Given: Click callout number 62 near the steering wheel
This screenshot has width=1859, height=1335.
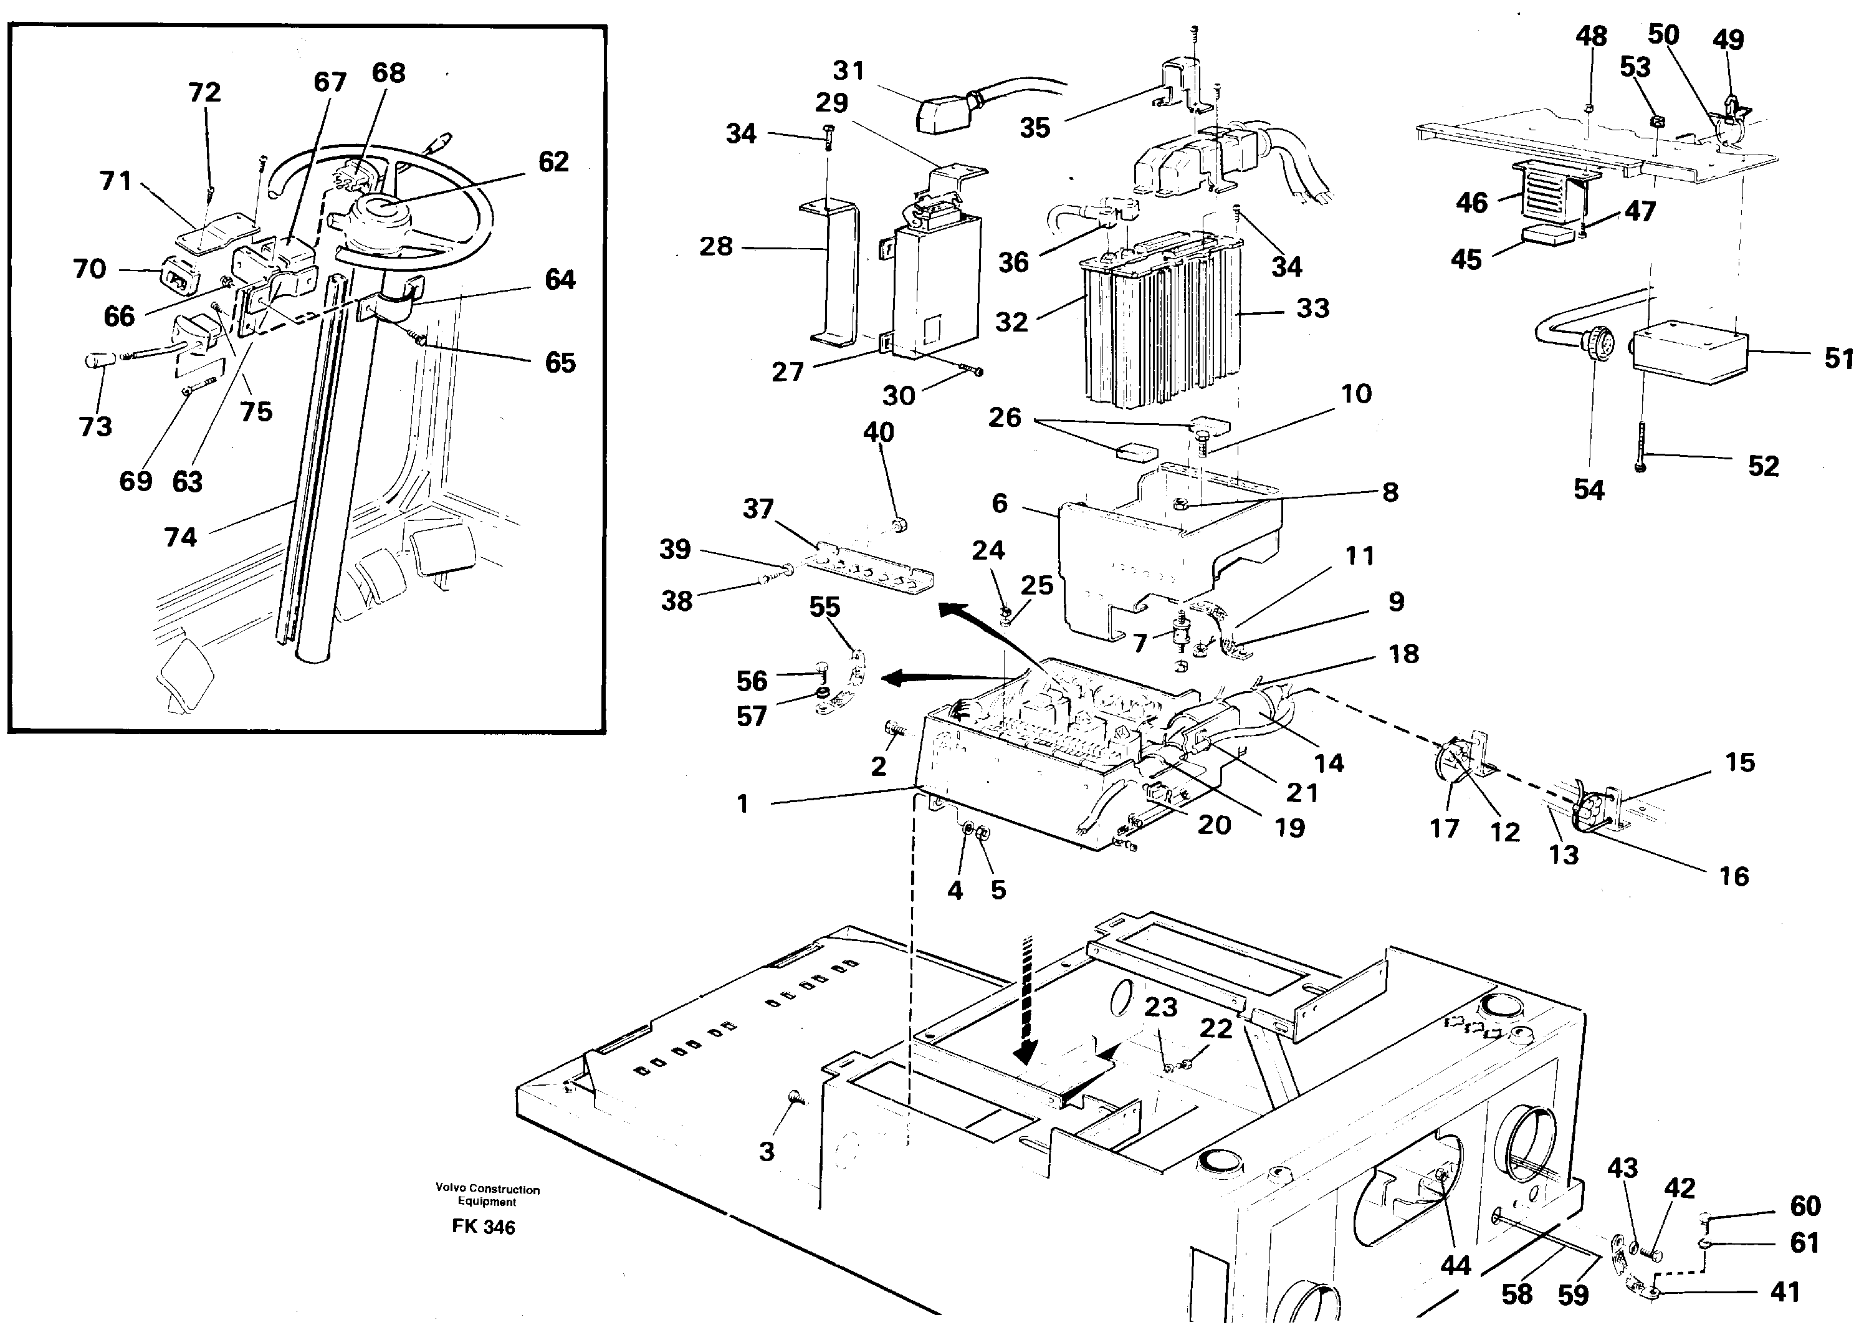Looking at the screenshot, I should tap(553, 161).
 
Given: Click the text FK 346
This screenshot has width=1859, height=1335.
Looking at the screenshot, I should tap(483, 1227).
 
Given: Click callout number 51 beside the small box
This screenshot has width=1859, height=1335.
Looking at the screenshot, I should tap(1839, 358).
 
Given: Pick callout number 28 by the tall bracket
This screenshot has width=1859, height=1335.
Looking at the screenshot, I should tap(715, 246).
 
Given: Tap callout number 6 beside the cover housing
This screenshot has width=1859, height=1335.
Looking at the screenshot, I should tap(999, 502).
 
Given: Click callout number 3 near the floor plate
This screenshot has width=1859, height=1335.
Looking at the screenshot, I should tap(767, 1151).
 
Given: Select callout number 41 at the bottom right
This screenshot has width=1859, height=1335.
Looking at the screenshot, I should tap(1785, 1293).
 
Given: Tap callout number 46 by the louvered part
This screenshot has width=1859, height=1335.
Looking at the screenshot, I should tap(1471, 203).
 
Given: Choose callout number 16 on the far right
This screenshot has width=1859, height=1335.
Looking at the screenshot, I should tap(1734, 876).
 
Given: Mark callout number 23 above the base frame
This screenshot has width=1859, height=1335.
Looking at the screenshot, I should tap(1160, 1007).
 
